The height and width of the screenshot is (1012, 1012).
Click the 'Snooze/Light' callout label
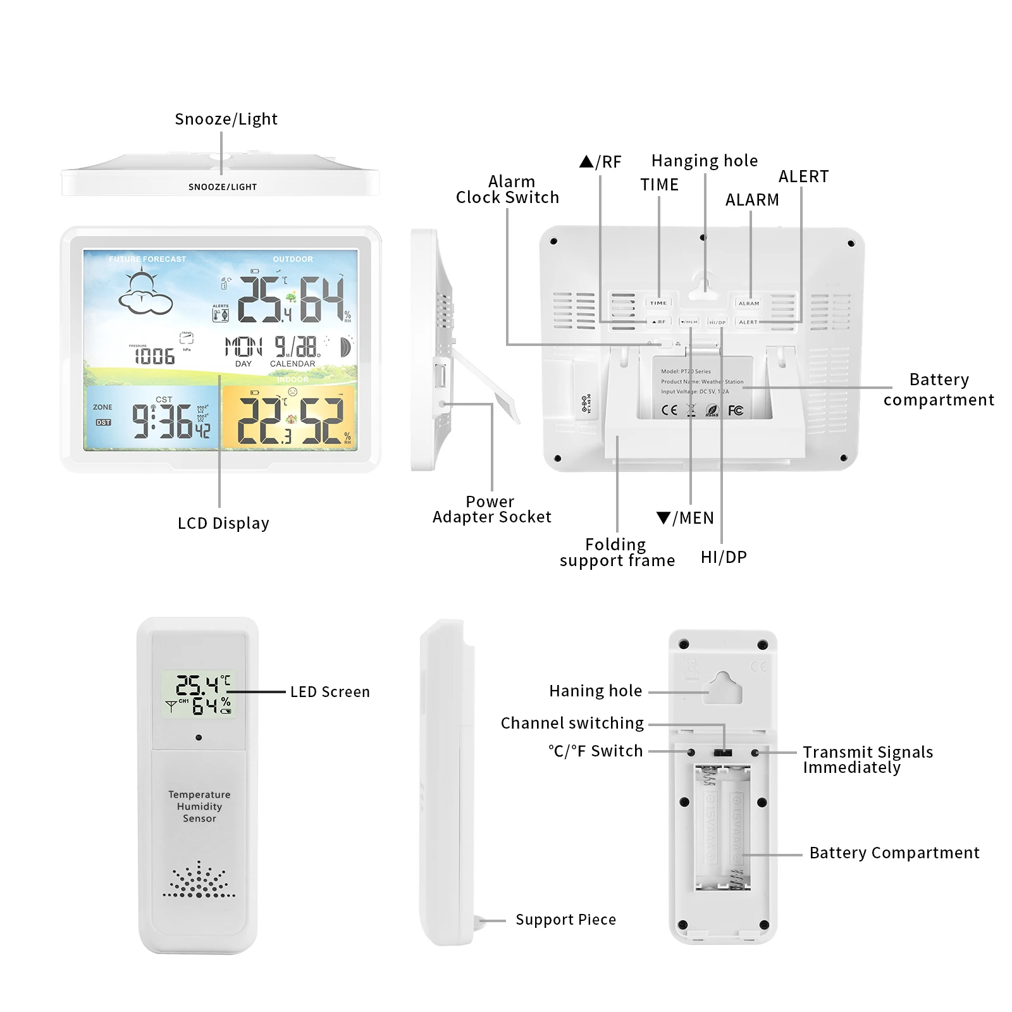point(226,119)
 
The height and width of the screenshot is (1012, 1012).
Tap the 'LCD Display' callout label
point(223,523)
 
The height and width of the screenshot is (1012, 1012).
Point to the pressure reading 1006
point(154,357)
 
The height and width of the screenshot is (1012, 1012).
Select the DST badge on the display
point(103,422)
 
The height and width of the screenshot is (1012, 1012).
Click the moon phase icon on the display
point(346,347)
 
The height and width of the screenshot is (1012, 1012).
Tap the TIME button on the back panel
point(658,303)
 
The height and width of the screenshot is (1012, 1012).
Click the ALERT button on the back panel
point(748,322)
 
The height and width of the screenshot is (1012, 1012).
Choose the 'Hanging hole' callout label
point(704,161)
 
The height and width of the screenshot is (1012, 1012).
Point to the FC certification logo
point(736,410)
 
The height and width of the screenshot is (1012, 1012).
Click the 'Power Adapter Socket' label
point(491,509)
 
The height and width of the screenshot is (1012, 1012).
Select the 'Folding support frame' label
point(617,552)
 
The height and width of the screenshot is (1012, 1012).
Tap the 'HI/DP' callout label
point(724,557)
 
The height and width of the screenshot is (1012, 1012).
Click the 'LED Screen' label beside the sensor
point(330,692)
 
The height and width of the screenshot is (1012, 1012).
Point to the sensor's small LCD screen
point(198,694)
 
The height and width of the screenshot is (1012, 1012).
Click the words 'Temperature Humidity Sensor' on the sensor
point(199,806)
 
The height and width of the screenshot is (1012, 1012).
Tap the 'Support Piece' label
point(565,920)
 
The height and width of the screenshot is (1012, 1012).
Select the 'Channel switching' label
point(572,723)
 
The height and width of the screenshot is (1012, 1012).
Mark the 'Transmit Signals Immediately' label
point(867,760)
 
